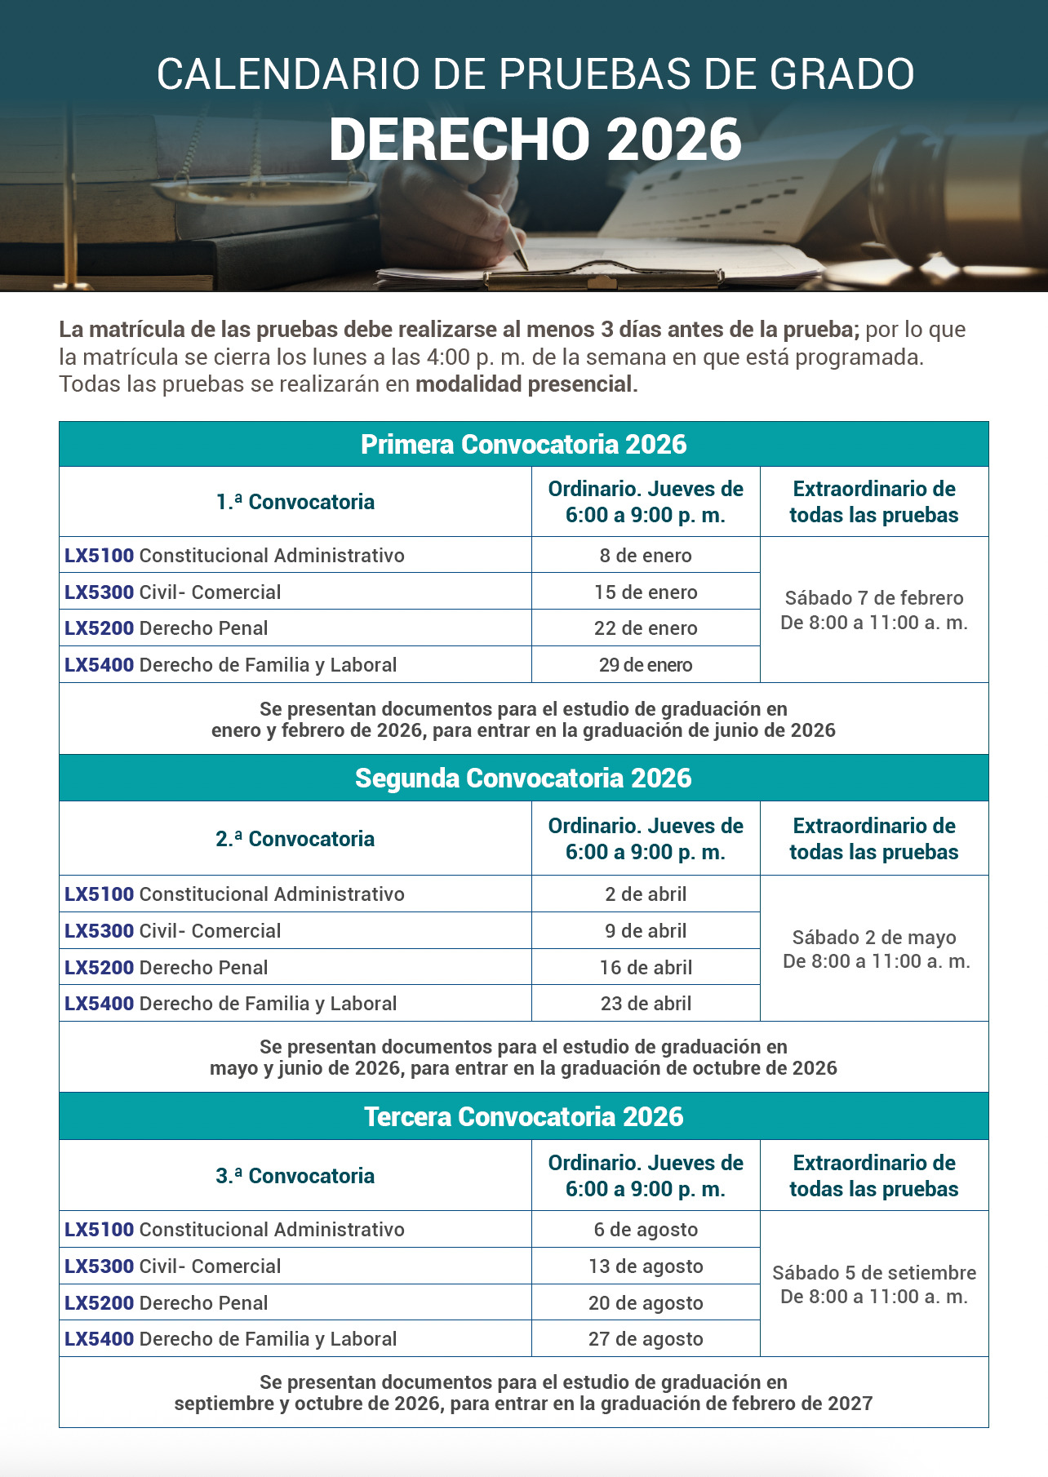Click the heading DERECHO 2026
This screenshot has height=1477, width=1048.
pyautogui.click(x=535, y=140)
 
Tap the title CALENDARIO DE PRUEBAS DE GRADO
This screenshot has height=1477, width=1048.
pyautogui.click(x=535, y=73)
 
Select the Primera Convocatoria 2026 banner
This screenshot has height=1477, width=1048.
pyautogui.click(x=523, y=445)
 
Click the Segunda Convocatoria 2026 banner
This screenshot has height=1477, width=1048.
pyautogui.click(x=523, y=778)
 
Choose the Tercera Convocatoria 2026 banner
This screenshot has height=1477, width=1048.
pyautogui.click(x=523, y=1116)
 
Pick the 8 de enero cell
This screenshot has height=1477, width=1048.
pyautogui.click(x=646, y=556)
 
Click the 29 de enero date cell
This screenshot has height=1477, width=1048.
pyautogui.click(x=646, y=665)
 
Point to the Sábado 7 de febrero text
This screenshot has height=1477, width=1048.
pyautogui.click(x=874, y=598)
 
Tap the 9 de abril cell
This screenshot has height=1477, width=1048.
pyautogui.click(x=646, y=931)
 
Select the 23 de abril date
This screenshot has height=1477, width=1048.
pyautogui.click(x=646, y=1004)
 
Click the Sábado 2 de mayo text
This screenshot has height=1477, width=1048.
pyautogui.click(x=874, y=938)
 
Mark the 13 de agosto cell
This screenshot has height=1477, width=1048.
pyautogui.click(x=646, y=1266)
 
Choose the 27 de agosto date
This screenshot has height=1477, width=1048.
pyautogui.click(x=646, y=1339)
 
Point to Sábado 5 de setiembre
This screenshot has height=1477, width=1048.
pyautogui.click(x=874, y=1273)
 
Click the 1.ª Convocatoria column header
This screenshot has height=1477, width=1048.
pyautogui.click(x=295, y=502)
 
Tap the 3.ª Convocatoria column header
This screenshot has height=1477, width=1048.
pyautogui.click(x=295, y=1176)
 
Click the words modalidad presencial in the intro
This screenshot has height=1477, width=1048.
pyautogui.click(x=526, y=384)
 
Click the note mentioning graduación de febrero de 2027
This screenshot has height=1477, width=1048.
pyautogui.click(x=523, y=1404)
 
